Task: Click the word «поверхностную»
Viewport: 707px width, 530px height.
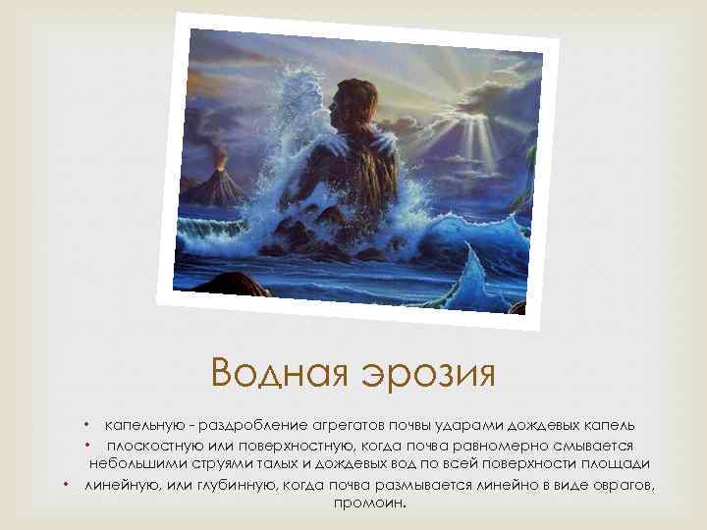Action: pos(270,445)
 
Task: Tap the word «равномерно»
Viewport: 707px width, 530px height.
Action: pos(467,445)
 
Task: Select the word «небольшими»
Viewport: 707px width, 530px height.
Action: pos(135,462)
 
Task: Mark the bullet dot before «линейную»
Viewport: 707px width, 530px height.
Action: pos(67,482)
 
